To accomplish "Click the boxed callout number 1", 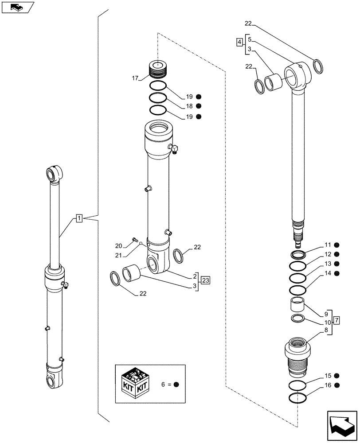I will tap(78, 218).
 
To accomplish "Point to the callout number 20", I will tap(118, 246).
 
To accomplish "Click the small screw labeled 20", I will tap(134, 240).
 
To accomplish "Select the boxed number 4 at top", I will tap(239, 42).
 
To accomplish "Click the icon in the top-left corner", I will tap(17, 8).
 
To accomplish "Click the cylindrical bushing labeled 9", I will tap(297, 306).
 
